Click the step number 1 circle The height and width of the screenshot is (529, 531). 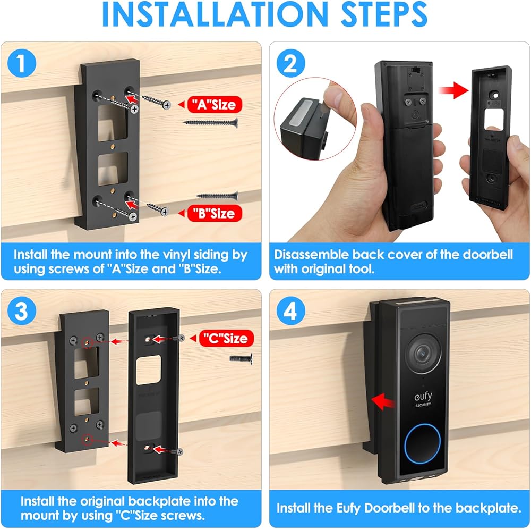pyautogui.click(x=22, y=63)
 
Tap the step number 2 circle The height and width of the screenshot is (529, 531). pyautogui.click(x=290, y=63)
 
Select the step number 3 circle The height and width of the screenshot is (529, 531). pyautogui.click(x=22, y=311)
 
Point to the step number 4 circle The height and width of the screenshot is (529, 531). pyautogui.click(x=290, y=311)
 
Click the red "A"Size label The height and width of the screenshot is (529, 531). pyautogui.click(x=215, y=104)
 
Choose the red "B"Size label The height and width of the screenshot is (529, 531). pyautogui.click(x=215, y=213)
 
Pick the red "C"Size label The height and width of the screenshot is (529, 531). pyautogui.click(x=226, y=338)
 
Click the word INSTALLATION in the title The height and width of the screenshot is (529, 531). pyautogui.click(x=215, y=14)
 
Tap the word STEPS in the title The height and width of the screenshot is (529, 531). pyautogui.click(x=384, y=14)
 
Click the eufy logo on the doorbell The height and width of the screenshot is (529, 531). pyautogui.click(x=423, y=397)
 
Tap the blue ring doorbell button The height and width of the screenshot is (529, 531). pyautogui.click(x=422, y=443)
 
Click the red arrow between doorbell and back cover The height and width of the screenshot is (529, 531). pyautogui.click(x=453, y=90)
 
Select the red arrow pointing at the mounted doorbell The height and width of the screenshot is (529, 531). pyautogui.click(x=383, y=402)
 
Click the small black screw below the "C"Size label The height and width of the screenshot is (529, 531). pyautogui.click(x=241, y=358)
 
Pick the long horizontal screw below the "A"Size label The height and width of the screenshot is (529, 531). pyautogui.click(x=210, y=122)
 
